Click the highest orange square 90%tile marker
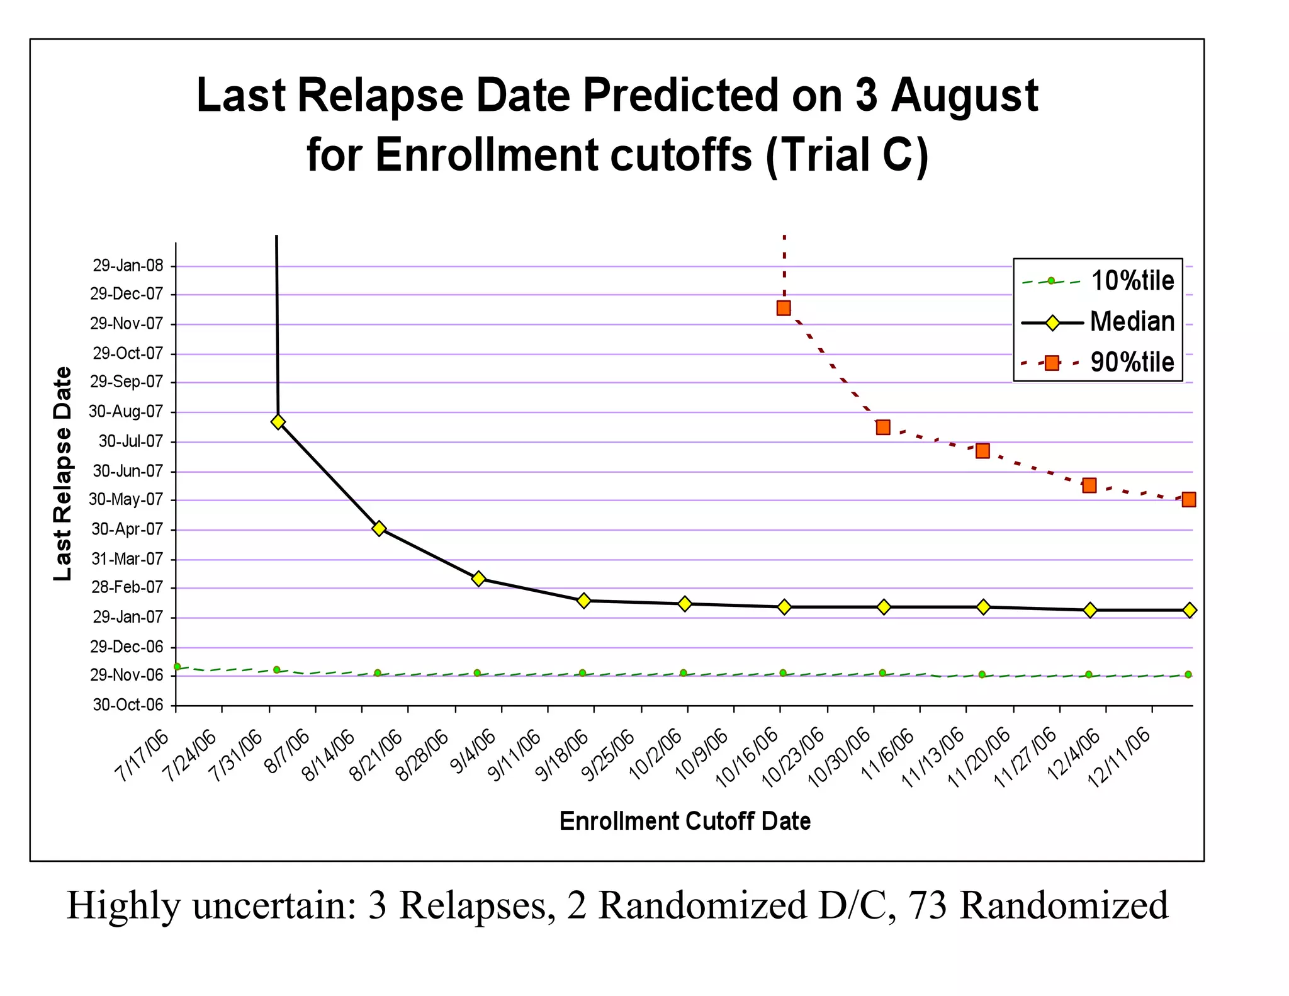click(x=784, y=308)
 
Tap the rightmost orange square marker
click(x=1188, y=499)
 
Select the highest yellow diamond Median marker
click(x=278, y=422)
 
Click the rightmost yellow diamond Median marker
click(x=1190, y=610)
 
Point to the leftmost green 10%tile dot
click(x=177, y=666)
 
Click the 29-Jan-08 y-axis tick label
click(x=128, y=266)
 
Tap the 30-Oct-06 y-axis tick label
click(x=128, y=705)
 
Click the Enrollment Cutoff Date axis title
click(x=685, y=822)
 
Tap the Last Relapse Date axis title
click(x=62, y=473)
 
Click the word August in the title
click(x=964, y=96)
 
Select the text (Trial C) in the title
click(x=847, y=155)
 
